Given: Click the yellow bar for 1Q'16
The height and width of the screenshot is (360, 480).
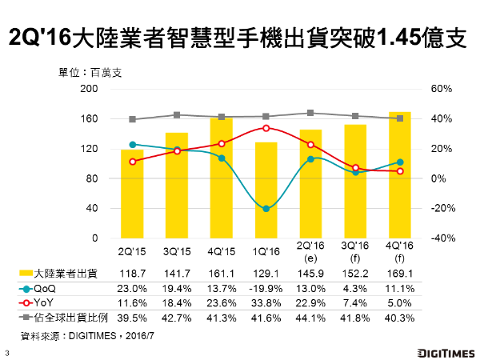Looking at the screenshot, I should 266,190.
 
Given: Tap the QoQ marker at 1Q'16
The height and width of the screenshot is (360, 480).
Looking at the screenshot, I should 266,209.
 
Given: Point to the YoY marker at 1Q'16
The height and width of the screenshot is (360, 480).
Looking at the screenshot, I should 266,128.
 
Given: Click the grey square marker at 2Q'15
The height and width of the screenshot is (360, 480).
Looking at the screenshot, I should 132,119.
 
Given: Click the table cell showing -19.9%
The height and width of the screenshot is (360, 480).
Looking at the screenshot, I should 266,288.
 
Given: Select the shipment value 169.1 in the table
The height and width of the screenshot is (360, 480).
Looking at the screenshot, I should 400,274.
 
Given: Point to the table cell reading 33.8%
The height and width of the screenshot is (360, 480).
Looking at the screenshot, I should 266,302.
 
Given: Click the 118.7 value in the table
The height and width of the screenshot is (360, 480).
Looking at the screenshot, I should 132,274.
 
